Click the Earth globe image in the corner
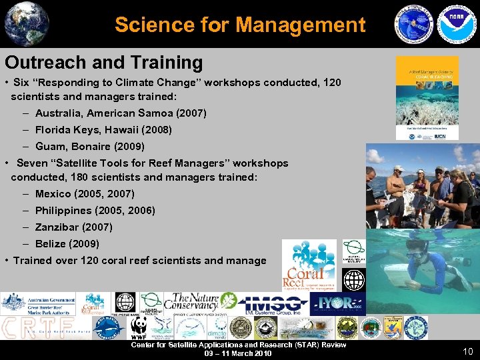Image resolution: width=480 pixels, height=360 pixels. pyautogui.click(x=26, y=24)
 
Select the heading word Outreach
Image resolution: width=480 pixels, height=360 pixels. pyautogui.click(x=43, y=63)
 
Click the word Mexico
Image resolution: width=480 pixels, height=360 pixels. pyautogui.click(x=53, y=194)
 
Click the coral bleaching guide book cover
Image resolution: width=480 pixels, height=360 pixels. pyautogui.click(x=427, y=98)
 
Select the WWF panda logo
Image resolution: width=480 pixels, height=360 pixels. pyautogui.click(x=139, y=327)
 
